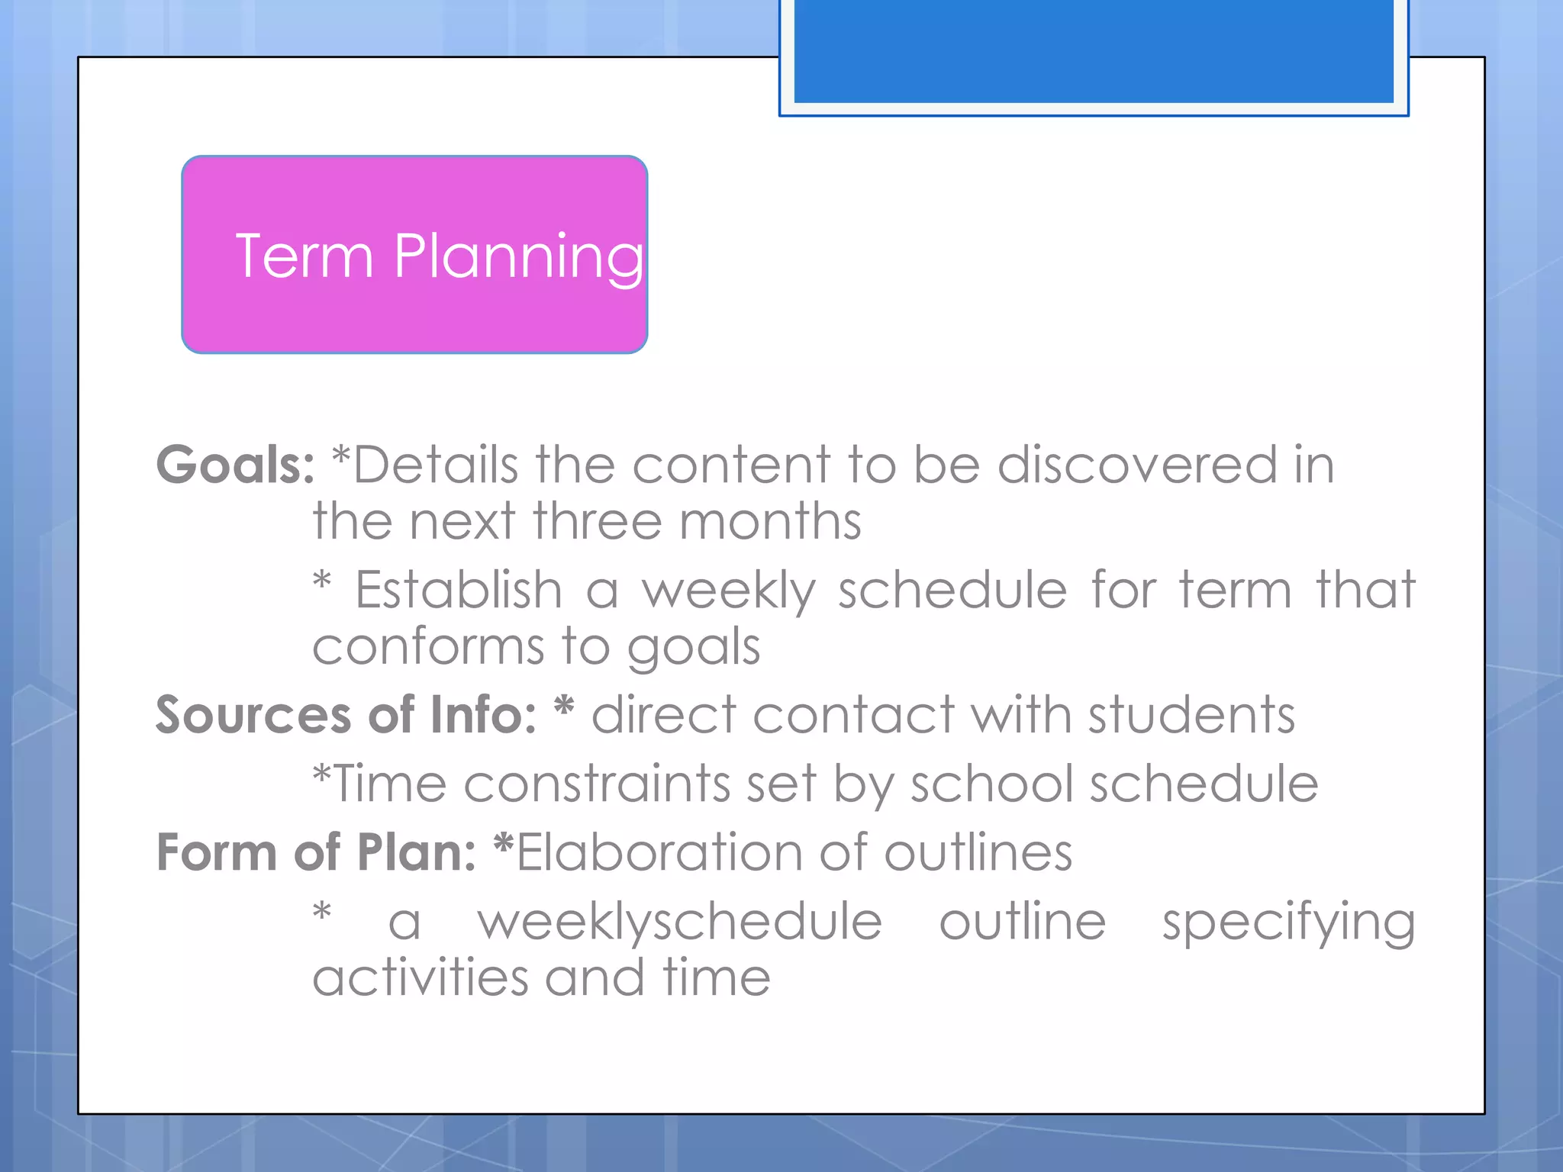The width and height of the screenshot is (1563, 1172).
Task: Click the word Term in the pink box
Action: pyautogui.click(x=304, y=256)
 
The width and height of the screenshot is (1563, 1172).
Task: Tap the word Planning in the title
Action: pyautogui.click(x=518, y=258)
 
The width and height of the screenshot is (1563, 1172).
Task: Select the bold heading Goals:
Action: pyautogui.click(x=235, y=465)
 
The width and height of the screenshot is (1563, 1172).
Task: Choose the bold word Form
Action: pyautogui.click(x=217, y=852)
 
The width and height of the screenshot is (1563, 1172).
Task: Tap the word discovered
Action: pyautogui.click(x=1137, y=465)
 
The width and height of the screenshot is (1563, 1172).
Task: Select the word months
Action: pyautogui.click(x=770, y=522)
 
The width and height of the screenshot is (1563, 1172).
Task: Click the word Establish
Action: pyautogui.click(x=459, y=590)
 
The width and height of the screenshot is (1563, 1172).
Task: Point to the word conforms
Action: pyautogui.click(x=428, y=647)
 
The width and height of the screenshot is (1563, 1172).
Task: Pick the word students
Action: pyautogui.click(x=1191, y=715)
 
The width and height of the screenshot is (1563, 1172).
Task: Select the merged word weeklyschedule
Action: pyautogui.click(x=679, y=922)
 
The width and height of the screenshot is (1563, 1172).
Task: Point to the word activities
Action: pyautogui.click(x=421, y=978)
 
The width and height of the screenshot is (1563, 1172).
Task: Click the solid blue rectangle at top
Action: pyautogui.click(x=1093, y=50)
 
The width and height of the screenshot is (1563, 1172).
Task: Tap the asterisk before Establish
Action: pyautogui.click(x=322, y=584)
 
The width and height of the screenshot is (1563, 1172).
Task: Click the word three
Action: pyautogui.click(x=597, y=522)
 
